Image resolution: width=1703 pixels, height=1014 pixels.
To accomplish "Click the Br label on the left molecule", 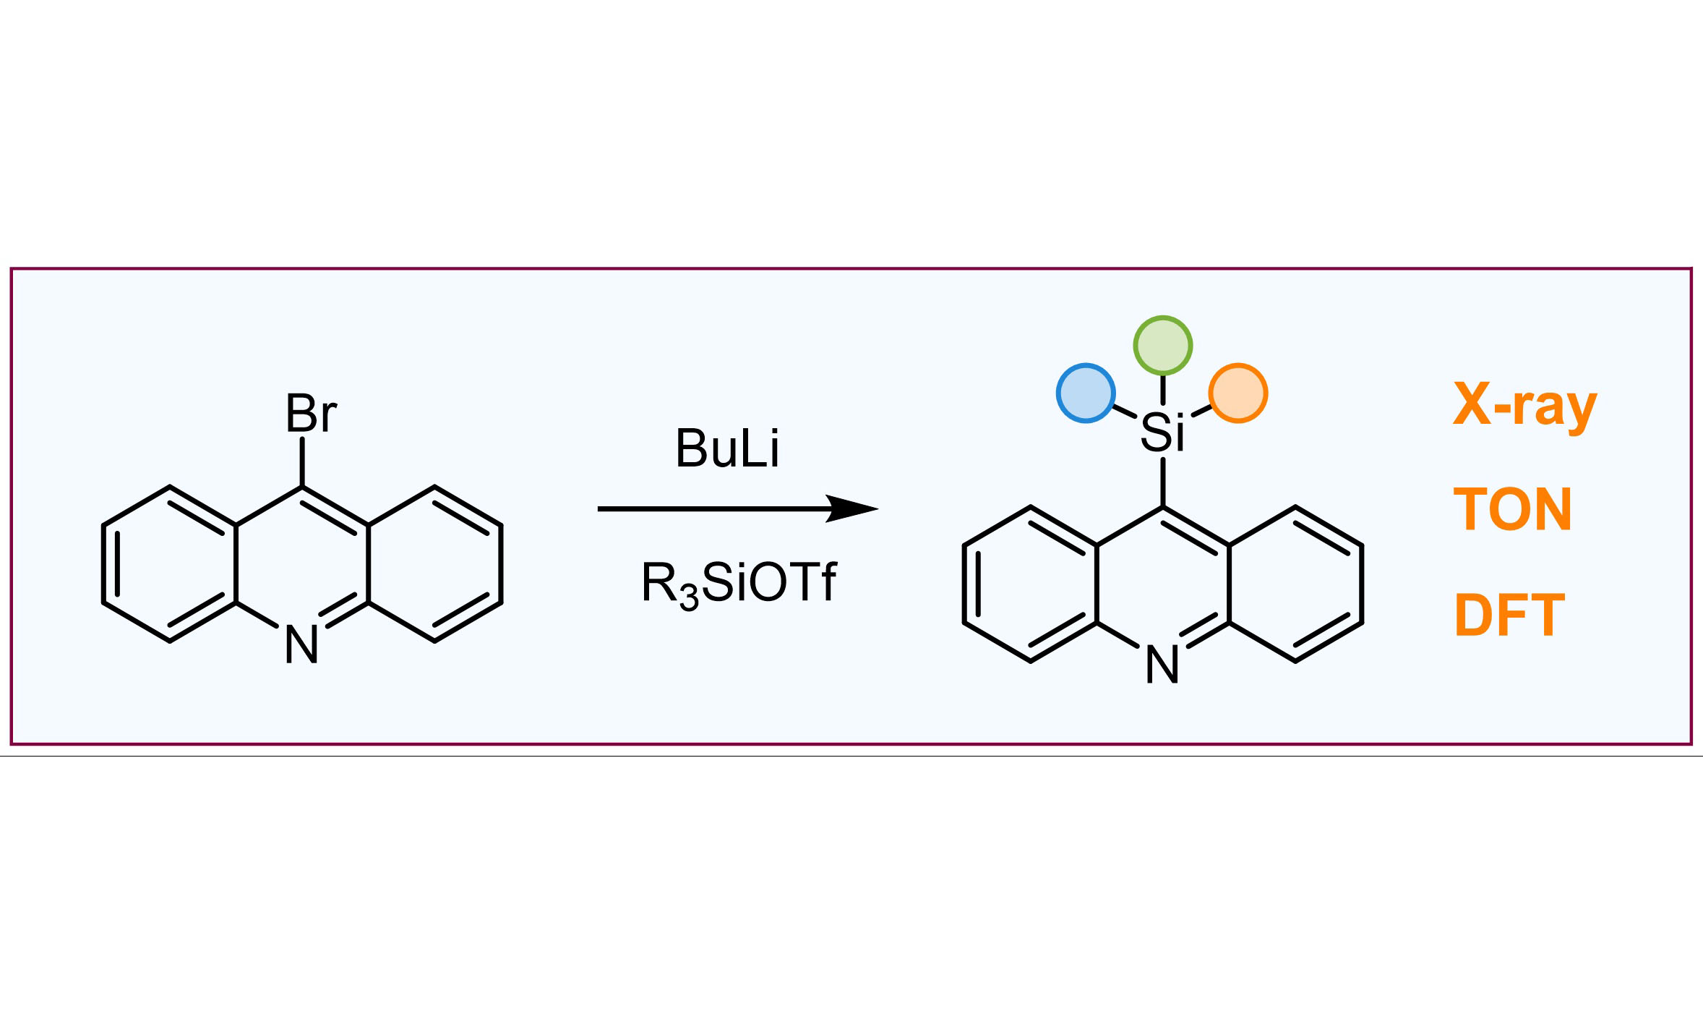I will pos(311,414).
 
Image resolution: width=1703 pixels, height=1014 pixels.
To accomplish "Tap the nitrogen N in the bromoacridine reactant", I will pos(301,644).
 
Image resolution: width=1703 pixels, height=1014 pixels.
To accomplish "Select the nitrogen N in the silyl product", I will pos(1162,665).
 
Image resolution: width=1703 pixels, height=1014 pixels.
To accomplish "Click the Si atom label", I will pos(1162,433).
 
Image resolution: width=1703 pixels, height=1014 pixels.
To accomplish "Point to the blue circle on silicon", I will pos(1086,393).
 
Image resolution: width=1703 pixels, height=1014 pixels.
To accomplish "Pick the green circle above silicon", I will pos(1162,346).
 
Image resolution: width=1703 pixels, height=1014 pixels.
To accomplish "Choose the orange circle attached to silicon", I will pos(1238,393).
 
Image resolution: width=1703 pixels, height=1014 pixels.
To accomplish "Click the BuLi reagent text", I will pos(727,449).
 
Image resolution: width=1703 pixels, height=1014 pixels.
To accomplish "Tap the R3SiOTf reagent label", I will pos(738,584).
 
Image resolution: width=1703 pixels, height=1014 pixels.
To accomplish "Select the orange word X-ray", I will pos(1524,406).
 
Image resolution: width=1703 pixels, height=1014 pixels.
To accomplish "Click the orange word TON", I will pos(1512,509).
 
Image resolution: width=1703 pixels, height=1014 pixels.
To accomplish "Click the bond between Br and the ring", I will pos(302,461).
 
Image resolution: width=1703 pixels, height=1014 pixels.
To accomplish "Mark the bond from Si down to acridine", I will pos(1162,482).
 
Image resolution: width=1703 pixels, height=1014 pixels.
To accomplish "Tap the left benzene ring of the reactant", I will pos(170,564).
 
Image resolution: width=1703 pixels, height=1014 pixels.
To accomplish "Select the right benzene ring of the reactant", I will pos(434,564).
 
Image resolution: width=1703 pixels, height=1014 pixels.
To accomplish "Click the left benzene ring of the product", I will pos(1031,584).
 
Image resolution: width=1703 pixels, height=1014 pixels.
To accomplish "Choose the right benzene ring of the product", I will pos(1295,584).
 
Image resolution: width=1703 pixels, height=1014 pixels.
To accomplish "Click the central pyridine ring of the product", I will pos(1162,584).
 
